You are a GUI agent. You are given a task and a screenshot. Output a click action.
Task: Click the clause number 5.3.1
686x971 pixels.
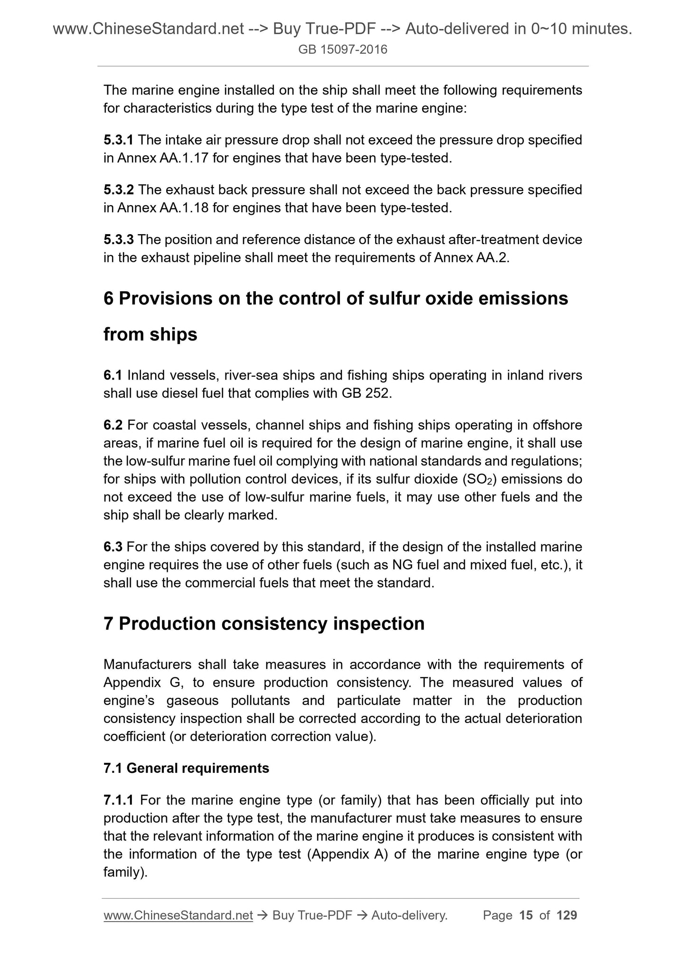coord(119,140)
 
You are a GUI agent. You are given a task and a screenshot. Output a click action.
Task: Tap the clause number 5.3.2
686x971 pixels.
coord(119,190)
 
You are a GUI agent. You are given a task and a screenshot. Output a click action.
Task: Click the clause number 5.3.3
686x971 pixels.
coord(119,239)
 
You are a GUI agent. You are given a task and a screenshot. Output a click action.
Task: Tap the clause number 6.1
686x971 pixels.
coord(113,375)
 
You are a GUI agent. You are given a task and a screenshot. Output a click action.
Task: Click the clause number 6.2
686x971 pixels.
coord(113,425)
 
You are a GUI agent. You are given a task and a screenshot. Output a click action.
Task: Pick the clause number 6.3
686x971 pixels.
coord(113,547)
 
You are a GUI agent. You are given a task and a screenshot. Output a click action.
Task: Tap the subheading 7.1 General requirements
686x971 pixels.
coord(186,768)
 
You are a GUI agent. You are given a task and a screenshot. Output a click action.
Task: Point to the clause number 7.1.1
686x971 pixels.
coord(119,800)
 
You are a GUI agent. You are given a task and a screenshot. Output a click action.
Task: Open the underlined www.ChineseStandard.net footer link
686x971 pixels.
coord(178,915)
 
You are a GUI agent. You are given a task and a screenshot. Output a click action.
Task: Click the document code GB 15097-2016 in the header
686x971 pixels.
coord(343,49)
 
